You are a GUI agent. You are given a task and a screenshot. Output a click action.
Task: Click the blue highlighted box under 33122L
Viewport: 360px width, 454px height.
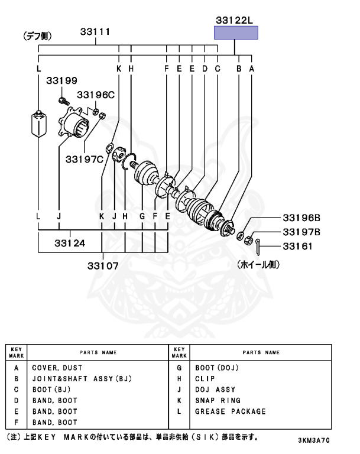tap(236, 33)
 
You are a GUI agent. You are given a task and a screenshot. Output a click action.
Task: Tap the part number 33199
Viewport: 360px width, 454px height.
tap(62, 81)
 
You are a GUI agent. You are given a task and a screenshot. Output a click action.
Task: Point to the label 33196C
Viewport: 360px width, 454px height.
tap(96, 95)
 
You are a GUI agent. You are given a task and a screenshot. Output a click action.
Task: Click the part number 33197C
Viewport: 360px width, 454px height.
tap(84, 158)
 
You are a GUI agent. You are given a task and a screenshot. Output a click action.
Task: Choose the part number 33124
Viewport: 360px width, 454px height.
tap(70, 242)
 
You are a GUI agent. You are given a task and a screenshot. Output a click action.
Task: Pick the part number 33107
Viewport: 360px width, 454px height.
tap(103, 265)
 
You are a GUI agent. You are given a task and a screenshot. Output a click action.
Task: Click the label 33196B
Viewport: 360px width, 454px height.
tap(301, 217)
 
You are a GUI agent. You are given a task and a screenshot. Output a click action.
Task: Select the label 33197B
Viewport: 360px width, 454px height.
tap(301, 232)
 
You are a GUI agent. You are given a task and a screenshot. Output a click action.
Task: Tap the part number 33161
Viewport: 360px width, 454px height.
tap(297, 246)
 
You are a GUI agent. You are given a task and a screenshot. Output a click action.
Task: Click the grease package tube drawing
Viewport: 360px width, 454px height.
tap(38, 123)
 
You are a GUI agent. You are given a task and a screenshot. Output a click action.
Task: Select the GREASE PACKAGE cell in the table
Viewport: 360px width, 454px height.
tap(231, 411)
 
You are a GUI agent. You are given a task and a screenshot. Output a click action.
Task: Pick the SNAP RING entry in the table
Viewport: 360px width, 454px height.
tap(218, 400)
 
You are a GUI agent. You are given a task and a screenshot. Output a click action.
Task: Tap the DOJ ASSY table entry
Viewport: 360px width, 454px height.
tap(215, 390)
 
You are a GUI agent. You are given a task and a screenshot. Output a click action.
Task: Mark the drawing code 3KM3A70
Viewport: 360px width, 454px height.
tap(313, 440)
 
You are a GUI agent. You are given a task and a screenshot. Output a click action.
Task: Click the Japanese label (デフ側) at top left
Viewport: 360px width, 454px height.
tap(37, 37)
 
